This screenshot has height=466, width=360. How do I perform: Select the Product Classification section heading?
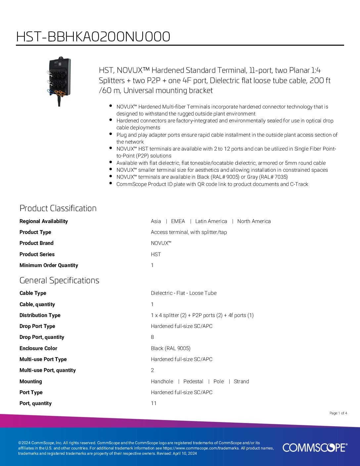click(58, 208)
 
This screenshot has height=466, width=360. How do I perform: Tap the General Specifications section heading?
click(59, 280)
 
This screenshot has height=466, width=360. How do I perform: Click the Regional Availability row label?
click(44, 221)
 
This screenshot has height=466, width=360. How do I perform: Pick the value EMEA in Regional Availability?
click(178, 221)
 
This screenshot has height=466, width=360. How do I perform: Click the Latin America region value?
click(211, 221)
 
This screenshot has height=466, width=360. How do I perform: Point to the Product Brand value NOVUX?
click(161, 243)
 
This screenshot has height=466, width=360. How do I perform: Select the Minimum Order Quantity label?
click(49, 265)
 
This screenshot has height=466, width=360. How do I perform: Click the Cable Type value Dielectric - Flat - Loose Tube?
click(184, 293)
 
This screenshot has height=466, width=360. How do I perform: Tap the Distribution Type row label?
click(40, 315)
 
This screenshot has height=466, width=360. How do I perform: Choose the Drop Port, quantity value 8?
click(153, 337)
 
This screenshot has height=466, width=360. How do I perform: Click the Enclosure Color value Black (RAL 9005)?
click(171, 348)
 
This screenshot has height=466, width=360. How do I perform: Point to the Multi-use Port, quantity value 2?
click(153, 370)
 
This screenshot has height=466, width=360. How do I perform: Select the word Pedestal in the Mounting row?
click(193, 381)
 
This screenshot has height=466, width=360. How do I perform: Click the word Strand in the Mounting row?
click(242, 381)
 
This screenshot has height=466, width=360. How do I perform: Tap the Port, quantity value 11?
click(154, 403)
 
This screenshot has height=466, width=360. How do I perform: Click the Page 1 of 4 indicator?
click(338, 413)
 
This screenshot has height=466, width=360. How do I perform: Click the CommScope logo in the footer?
click(315, 447)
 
